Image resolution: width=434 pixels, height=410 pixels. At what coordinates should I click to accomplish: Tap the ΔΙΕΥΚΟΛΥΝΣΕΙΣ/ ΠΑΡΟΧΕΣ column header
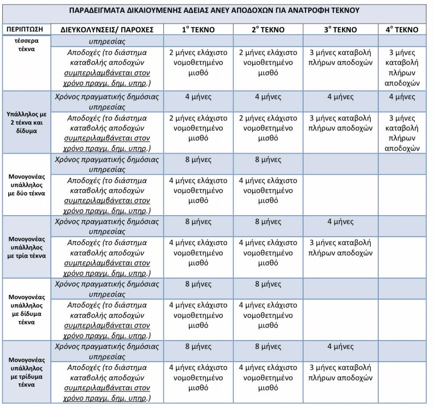click(x=107, y=30)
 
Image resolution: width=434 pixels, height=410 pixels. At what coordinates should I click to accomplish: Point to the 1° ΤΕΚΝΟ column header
click(x=198, y=30)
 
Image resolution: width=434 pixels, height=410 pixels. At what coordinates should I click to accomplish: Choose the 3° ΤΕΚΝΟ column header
click(x=340, y=30)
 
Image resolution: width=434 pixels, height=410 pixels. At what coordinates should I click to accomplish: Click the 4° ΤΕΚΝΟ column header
click(x=402, y=30)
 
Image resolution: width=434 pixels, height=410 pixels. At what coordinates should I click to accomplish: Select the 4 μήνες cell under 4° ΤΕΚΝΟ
click(x=402, y=97)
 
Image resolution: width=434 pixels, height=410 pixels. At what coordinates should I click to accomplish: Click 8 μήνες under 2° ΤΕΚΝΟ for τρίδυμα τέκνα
click(x=268, y=347)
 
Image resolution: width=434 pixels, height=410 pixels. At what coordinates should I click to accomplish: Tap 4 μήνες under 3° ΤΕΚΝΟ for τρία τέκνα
click(x=340, y=222)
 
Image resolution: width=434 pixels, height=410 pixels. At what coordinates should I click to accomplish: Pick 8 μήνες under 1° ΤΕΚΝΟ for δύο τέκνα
click(x=198, y=160)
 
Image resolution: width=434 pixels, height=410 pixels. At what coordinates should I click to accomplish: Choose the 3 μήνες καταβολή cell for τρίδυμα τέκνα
click(x=340, y=372)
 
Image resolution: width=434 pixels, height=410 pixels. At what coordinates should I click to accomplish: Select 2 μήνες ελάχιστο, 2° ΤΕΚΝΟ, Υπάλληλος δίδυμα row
click(x=268, y=128)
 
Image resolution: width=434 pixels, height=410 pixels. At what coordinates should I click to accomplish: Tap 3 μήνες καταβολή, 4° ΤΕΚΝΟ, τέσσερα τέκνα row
click(x=402, y=68)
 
